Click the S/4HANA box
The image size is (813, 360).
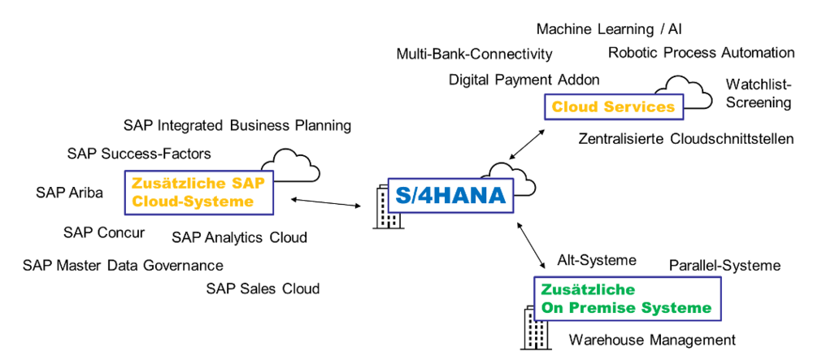click(x=450, y=195)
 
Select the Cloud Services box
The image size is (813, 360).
click(x=613, y=107)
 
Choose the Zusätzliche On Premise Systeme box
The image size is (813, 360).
click(x=626, y=298)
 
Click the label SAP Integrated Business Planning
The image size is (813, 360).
click(x=237, y=125)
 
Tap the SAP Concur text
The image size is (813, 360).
click(x=104, y=232)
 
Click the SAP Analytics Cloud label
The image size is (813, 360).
click(x=240, y=237)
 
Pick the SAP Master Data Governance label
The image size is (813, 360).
click(x=123, y=265)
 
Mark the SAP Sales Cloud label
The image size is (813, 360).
click(x=263, y=288)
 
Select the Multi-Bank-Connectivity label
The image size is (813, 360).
click(x=475, y=54)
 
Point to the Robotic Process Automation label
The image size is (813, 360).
click(x=702, y=53)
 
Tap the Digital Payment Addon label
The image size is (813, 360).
click(x=524, y=80)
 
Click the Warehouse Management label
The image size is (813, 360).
click(x=652, y=340)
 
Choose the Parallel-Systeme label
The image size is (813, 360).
click(x=724, y=266)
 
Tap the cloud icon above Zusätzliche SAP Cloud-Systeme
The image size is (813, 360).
click(x=296, y=163)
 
